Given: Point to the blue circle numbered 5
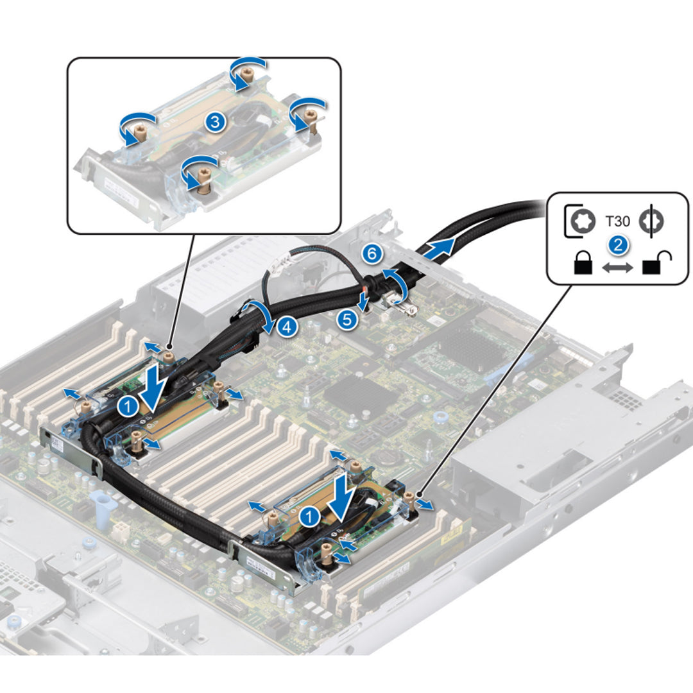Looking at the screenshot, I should pyautogui.click(x=347, y=319).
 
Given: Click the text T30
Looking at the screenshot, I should pyautogui.click(x=618, y=222).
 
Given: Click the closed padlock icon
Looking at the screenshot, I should pyautogui.click(x=581, y=264).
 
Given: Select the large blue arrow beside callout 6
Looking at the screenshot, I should pyautogui.click(x=440, y=248).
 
